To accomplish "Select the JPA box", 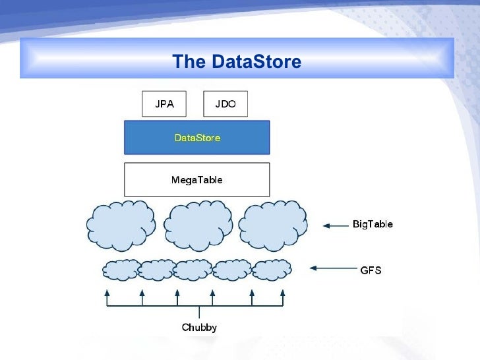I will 164,104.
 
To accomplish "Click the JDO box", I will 225,104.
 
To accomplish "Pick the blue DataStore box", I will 197,138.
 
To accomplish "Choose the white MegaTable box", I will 197,179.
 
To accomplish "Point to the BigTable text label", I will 373,225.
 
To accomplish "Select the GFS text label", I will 371,270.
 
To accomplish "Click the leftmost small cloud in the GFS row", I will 122,270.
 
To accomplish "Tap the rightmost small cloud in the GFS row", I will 272,270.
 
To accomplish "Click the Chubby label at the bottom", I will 199,327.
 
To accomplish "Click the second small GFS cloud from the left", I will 158,270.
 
